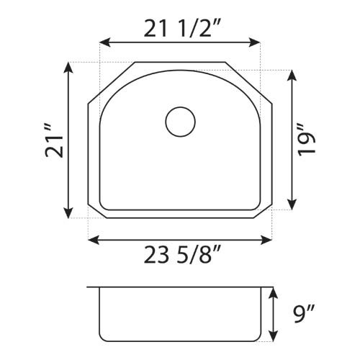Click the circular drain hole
click(180, 122)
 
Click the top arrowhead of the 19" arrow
click(291, 74)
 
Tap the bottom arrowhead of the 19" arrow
click(291, 207)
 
